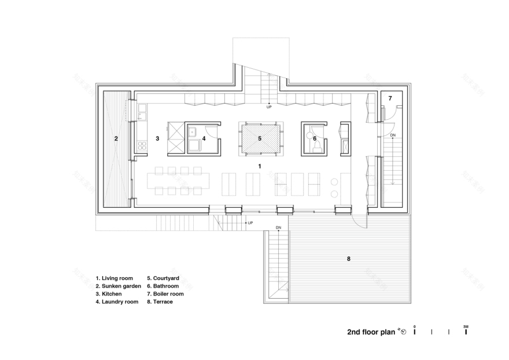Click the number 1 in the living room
(x=260, y=167)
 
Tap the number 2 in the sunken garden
(x=116, y=138)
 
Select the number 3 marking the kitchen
(x=157, y=138)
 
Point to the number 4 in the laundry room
(x=204, y=138)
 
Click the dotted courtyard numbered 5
(x=260, y=138)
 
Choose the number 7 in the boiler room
(x=390, y=98)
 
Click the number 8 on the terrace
(x=348, y=259)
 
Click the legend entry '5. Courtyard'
(x=165, y=278)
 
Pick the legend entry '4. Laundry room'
(x=117, y=302)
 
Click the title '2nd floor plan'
(x=371, y=332)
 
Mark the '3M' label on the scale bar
(x=466, y=327)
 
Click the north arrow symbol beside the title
(x=403, y=332)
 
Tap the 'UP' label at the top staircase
(x=269, y=107)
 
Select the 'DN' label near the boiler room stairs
(x=393, y=135)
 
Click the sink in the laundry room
(x=193, y=131)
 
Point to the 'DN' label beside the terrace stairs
(x=278, y=227)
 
